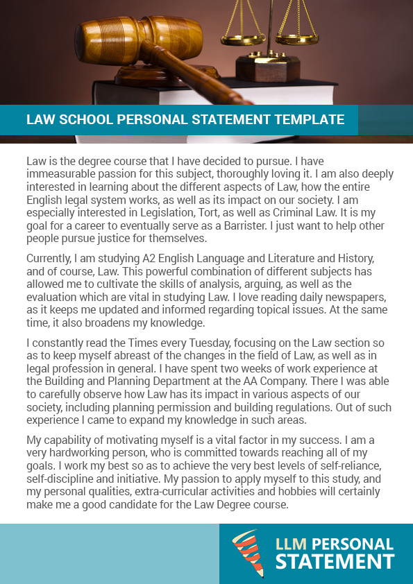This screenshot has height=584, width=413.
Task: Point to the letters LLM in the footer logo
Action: (x=289, y=544)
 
